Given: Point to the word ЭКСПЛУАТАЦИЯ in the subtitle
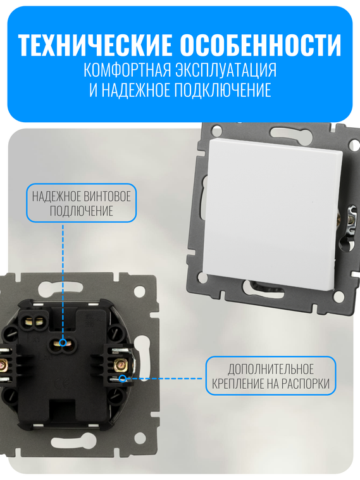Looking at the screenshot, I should coord(230,69).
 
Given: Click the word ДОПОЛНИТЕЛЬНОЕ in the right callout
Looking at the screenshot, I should coord(270,369).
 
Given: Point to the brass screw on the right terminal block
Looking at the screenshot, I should coord(120,364).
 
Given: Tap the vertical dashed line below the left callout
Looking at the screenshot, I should coord(63,279).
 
